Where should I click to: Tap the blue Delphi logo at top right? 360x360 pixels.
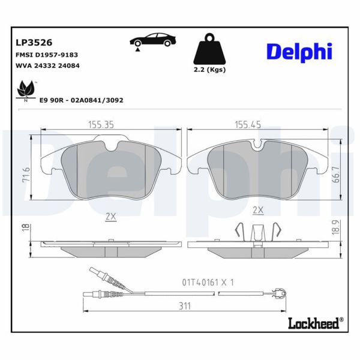[x=299, y=52]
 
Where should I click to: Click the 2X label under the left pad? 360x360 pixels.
[x=110, y=217]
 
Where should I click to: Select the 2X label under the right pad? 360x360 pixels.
[x=259, y=210]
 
